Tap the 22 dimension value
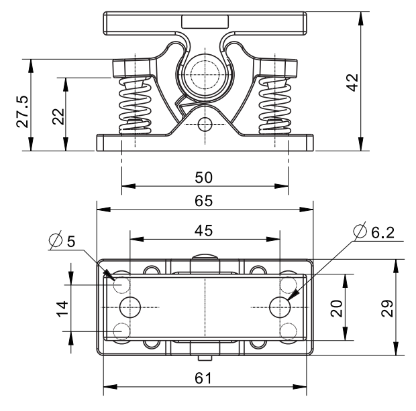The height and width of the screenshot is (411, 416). tap(58, 116)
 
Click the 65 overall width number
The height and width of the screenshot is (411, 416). tap(204, 200)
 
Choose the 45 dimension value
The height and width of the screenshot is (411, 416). tap(204, 230)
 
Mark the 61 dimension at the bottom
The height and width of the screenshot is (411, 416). tap(204, 378)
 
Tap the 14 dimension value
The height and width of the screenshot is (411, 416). tap(62, 308)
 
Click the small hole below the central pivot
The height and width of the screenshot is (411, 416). tap(204, 124)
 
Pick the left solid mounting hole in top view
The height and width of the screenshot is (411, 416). tap(130, 307)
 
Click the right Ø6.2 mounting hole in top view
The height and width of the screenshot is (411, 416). tap(279, 307)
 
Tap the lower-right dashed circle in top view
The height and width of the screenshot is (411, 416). tap(288, 331)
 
